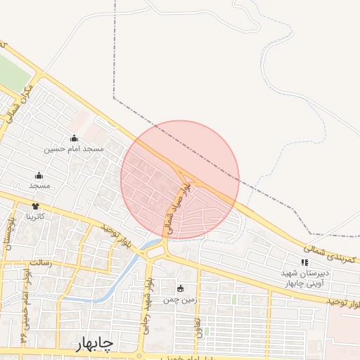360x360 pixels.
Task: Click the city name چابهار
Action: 94,343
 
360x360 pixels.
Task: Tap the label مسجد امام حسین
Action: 74,149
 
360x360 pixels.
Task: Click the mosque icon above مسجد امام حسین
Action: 74,139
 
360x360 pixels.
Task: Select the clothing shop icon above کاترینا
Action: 35,206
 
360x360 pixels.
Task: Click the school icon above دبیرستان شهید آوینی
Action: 304,262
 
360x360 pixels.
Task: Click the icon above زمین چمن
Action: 180,288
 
